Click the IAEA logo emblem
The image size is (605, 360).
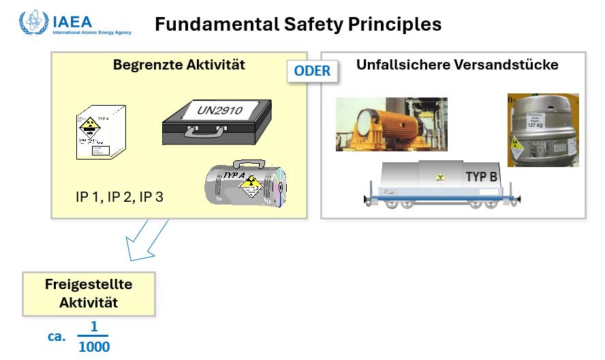pyautogui.click(x=33, y=22)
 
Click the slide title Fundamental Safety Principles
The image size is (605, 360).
pyautogui.click(x=298, y=25)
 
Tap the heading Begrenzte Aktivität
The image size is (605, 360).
pyautogui.click(x=179, y=65)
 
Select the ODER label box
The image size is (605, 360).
pyautogui.click(x=312, y=71)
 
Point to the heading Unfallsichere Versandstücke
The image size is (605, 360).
pyautogui.click(x=457, y=65)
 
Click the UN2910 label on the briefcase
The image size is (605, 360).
pyautogui.click(x=219, y=110)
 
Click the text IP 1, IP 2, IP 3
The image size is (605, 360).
pyautogui.click(x=119, y=198)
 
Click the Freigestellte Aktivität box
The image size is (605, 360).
pyautogui.click(x=89, y=294)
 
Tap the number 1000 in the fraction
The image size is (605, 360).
pyautogui.click(x=94, y=347)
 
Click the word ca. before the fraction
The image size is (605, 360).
pyautogui.click(x=57, y=337)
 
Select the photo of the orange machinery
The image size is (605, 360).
pyautogui.click(x=391, y=123)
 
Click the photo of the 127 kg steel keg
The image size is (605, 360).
pyautogui.click(x=542, y=130)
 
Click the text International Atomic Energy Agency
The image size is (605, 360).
pyautogui.click(x=92, y=32)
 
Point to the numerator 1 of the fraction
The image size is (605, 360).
pyautogui.click(x=94, y=327)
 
